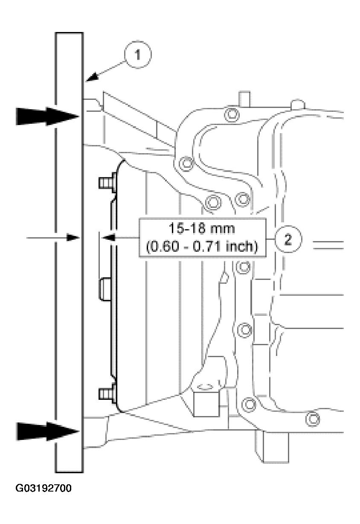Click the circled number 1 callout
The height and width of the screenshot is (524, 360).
[138, 55]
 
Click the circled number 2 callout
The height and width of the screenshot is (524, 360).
[288, 239]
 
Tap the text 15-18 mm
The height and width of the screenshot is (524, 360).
[201, 229]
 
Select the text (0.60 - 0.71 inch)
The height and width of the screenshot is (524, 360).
[202, 246]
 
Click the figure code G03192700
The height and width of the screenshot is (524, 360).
[44, 488]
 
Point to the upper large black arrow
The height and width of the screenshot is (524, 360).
[47, 116]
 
